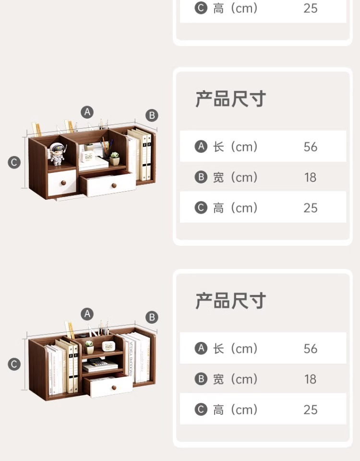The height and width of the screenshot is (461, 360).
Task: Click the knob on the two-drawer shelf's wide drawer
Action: [x=114, y=185]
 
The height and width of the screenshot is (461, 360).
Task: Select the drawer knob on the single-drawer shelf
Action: [x=115, y=387]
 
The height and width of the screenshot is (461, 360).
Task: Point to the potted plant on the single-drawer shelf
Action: [x=89, y=347]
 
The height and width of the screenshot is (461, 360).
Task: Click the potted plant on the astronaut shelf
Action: [x=115, y=158]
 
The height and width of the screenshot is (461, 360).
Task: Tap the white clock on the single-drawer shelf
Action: [x=108, y=346]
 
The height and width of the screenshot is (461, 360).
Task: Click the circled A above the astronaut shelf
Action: [x=87, y=112]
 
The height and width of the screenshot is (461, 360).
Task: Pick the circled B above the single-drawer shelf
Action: [x=152, y=317]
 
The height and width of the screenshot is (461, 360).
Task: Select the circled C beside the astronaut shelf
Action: [x=14, y=162]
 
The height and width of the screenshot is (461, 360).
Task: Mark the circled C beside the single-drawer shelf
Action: [x=14, y=364]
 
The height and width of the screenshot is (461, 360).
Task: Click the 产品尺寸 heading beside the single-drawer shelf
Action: [x=230, y=301]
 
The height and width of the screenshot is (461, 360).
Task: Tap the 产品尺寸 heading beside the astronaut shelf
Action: [x=230, y=99]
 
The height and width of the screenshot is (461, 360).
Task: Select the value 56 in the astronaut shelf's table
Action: [x=311, y=146]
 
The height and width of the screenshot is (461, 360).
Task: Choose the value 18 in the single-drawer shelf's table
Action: [x=311, y=379]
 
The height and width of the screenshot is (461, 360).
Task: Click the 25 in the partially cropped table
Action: [x=311, y=8]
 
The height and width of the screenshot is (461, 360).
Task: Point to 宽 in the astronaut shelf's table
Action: [x=219, y=177]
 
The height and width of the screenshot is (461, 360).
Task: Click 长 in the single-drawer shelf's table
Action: [x=219, y=348]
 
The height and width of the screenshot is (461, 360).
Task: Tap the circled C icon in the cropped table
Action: [x=201, y=8]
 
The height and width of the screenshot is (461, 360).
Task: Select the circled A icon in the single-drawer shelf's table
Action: [x=201, y=348]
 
